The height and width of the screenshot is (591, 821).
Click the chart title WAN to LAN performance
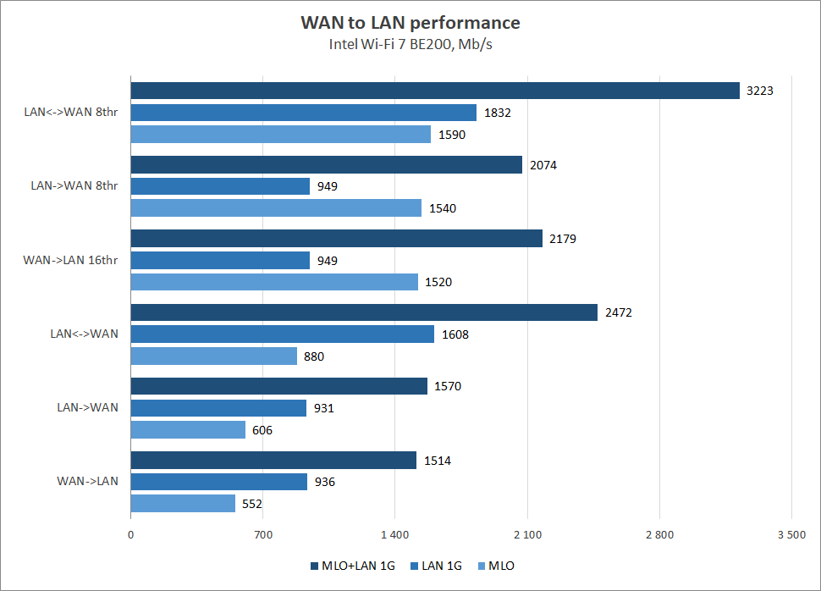coord(410,22)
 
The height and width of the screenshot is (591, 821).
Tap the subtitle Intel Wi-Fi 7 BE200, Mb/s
coord(410,45)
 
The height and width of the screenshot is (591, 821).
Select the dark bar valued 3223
coord(435,91)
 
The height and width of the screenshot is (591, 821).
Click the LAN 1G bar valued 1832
coord(304,113)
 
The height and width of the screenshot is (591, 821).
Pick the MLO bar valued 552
coord(183,504)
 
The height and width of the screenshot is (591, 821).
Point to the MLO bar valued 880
coord(213,356)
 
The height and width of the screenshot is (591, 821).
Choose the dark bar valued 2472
coord(364,312)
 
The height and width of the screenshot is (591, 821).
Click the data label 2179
coord(562,239)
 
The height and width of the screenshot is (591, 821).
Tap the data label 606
coord(262,430)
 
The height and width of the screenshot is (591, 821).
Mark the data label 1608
coord(455,334)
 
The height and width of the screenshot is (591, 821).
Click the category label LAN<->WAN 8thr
coord(71,113)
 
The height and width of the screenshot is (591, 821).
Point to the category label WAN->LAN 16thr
coord(70,260)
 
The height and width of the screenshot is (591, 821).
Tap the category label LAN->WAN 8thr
coord(74,186)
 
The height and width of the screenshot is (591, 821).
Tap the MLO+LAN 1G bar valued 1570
coord(278,386)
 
